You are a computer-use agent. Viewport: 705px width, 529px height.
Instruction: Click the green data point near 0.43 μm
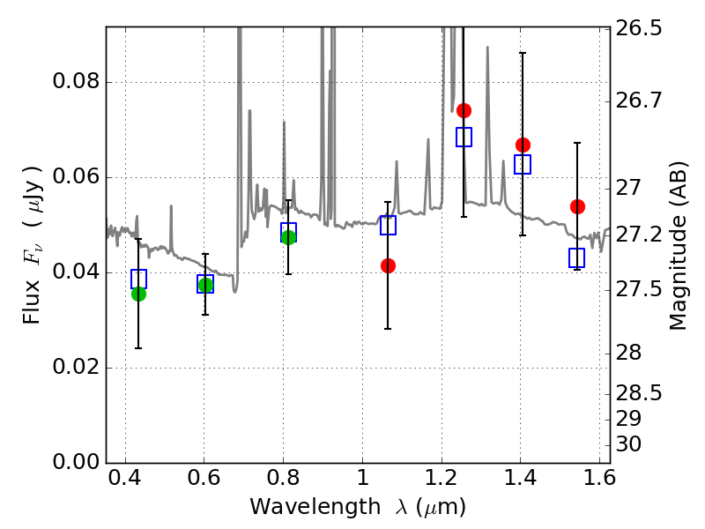[x=138, y=294]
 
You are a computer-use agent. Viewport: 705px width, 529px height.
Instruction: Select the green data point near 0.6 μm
[x=205, y=285]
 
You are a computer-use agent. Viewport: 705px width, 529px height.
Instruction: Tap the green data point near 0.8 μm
[x=288, y=237]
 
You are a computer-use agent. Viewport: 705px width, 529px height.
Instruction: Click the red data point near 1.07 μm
[x=388, y=265]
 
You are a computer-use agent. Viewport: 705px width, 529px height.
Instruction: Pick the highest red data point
[x=464, y=110]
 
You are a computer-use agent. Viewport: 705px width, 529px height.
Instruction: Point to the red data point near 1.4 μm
[x=523, y=145]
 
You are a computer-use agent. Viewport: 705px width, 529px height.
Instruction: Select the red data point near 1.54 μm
[x=577, y=206]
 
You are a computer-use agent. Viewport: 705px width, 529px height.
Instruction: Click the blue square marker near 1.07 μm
[x=388, y=225]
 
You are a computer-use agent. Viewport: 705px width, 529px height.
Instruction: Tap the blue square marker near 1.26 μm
[x=464, y=137]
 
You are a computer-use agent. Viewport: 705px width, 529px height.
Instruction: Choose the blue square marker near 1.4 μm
[x=523, y=164]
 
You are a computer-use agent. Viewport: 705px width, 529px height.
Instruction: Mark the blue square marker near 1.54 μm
[x=577, y=257]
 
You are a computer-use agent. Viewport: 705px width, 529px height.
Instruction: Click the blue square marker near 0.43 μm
[x=138, y=279]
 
